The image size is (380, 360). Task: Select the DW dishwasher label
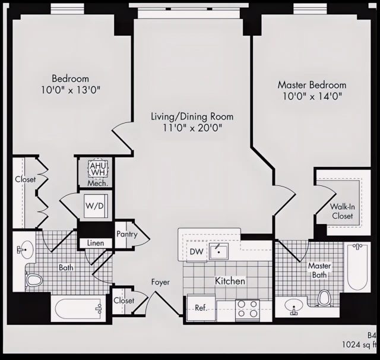coord(196,252)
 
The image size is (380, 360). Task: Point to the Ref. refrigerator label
coord(200,308)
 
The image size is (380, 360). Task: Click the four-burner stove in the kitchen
coord(248,309)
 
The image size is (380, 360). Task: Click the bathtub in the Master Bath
coord(358,267)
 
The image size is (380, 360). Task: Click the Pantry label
coord(126,234)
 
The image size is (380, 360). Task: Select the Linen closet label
coord(95,244)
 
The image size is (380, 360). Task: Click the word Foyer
coord(160,282)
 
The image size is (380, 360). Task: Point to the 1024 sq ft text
coord(359,345)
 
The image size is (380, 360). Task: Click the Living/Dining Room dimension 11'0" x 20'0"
coord(192,128)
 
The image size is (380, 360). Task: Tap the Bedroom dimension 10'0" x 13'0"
coord(70,90)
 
